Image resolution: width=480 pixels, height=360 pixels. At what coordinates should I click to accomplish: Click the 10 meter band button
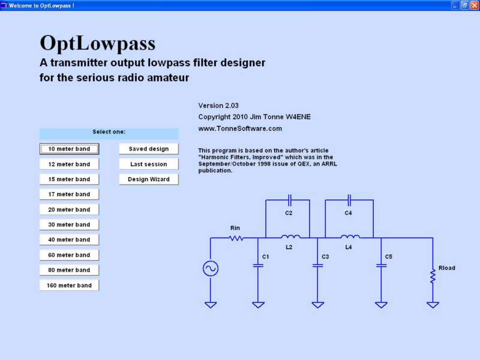[x=69, y=149]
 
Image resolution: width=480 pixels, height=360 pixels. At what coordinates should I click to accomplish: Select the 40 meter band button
[x=69, y=239]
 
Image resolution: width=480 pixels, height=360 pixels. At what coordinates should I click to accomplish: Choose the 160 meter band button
[x=69, y=286]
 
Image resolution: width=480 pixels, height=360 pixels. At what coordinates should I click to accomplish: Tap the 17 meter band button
[x=69, y=194]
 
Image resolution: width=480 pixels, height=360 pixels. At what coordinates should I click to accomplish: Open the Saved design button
[x=149, y=149]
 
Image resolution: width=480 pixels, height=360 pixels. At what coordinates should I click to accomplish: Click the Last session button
[x=149, y=164]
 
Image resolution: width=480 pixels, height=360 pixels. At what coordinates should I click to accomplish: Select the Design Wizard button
[x=149, y=179]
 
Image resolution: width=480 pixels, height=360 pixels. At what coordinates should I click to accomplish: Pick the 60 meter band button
[x=69, y=255]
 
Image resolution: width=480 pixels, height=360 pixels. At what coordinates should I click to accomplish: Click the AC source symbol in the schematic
[x=211, y=268]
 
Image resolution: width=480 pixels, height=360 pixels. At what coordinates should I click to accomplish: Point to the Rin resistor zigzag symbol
[x=236, y=238]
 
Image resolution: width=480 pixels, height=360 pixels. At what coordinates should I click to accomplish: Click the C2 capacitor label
[x=289, y=213]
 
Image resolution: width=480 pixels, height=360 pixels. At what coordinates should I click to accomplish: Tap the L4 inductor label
[x=349, y=247]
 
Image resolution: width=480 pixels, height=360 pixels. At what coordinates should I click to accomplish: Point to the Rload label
[x=447, y=268]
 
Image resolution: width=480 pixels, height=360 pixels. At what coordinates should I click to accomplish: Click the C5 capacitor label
[x=388, y=257]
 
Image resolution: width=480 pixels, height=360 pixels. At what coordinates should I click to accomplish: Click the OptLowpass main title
[x=98, y=43]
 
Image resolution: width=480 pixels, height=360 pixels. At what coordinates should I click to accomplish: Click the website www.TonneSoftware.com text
[x=240, y=128]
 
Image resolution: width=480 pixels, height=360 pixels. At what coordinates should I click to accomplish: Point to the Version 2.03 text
[x=218, y=106]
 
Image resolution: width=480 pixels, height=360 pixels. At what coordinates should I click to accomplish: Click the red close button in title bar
[x=475, y=5]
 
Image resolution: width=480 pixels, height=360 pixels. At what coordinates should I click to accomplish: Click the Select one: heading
[x=109, y=132]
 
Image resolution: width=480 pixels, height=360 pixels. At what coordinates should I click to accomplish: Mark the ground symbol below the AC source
[x=211, y=305]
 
